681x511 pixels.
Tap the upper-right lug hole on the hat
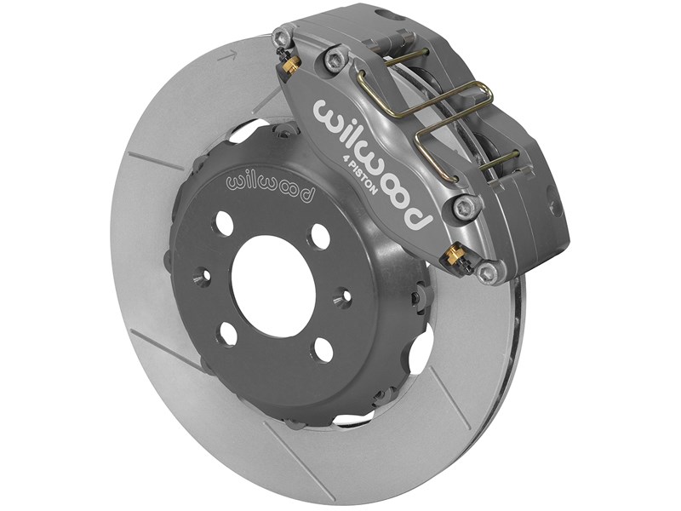pyautogui.click(x=320, y=236)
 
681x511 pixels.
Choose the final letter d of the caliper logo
pyautogui.click(x=419, y=217)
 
